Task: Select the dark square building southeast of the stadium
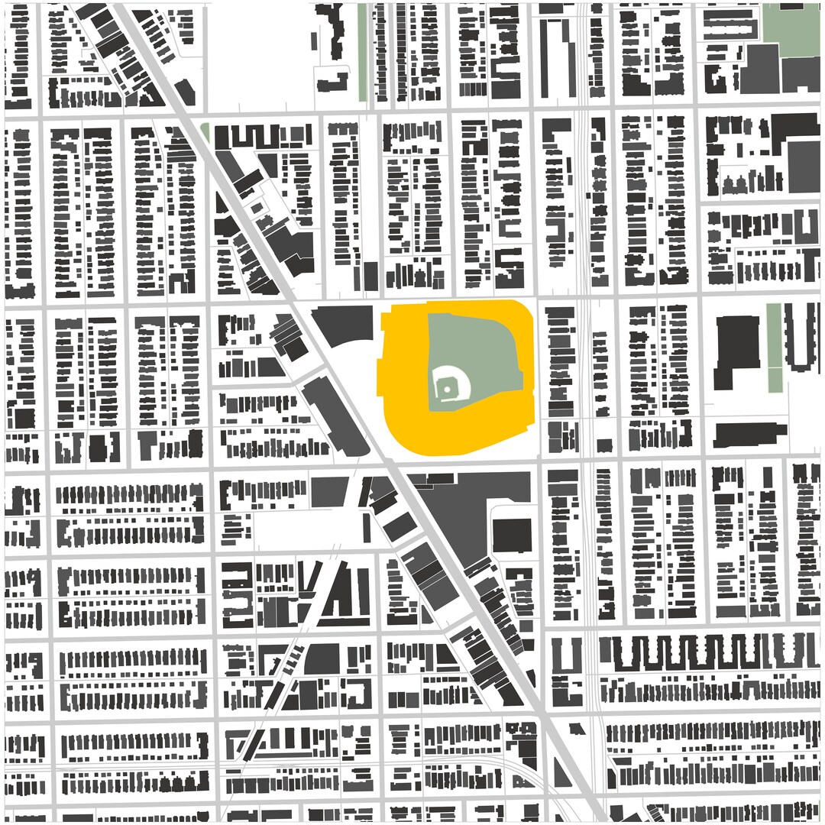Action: coord(512,535)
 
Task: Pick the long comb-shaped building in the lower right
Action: coord(703,653)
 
